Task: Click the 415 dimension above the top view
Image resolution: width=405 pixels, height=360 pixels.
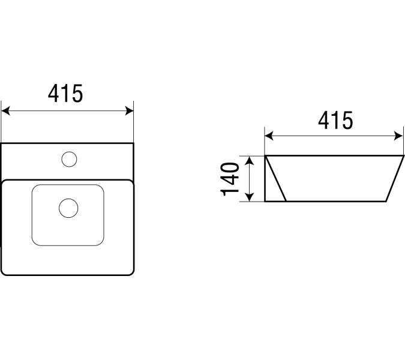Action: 65,94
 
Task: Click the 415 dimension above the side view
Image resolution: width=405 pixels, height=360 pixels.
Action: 335,121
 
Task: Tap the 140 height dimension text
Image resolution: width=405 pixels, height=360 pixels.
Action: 230,179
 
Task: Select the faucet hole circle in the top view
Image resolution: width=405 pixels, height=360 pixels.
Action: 69,159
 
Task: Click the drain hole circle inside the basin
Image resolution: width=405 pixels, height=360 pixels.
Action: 68,208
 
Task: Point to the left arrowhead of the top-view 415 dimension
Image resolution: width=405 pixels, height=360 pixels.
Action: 5,111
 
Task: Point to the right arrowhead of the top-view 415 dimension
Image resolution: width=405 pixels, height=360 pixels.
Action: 129,111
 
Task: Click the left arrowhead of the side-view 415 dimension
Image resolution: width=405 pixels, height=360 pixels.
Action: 269,136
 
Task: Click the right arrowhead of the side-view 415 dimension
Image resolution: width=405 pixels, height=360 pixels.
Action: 399,136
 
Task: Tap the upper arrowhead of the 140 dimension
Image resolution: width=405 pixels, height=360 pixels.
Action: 249,160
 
